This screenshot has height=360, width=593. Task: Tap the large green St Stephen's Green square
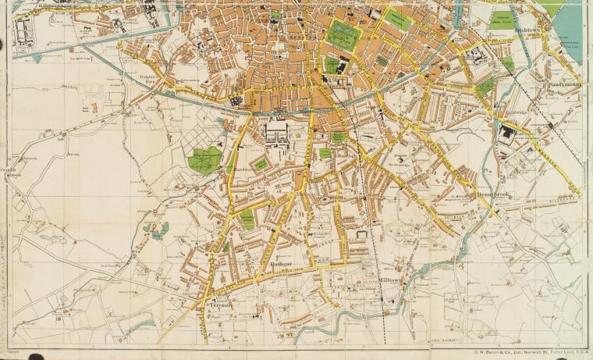pyautogui.click(x=342, y=34)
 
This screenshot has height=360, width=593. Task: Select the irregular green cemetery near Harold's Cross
pyautogui.click(x=205, y=159)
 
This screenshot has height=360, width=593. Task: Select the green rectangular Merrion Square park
pyautogui.click(x=397, y=19)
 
